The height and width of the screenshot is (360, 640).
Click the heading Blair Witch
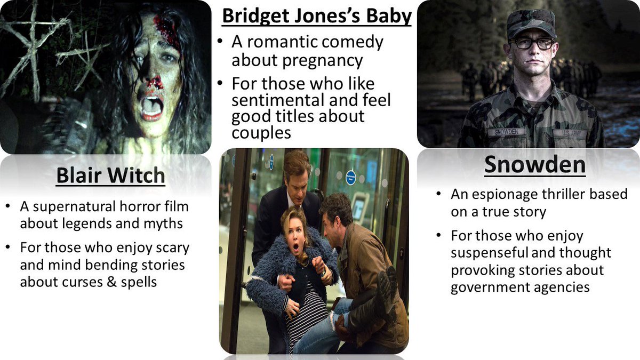[111, 176]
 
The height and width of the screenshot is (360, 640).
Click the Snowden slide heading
[534, 165]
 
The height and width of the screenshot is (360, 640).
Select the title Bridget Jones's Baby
[317, 17]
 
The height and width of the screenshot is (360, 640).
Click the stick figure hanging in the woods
[32, 43]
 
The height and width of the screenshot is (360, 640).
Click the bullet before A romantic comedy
[221, 42]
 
